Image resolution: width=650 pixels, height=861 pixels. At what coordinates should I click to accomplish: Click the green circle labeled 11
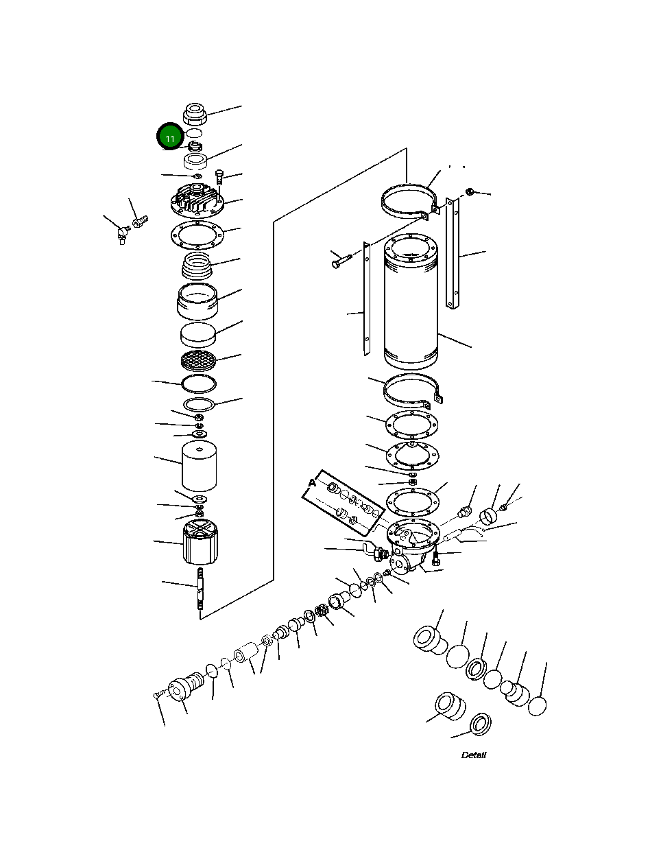(x=169, y=137)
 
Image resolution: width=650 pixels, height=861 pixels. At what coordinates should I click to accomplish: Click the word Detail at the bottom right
(x=473, y=755)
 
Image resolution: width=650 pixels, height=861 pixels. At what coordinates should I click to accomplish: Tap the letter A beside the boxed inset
(x=312, y=483)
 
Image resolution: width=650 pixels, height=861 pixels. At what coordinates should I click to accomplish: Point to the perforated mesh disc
(x=198, y=358)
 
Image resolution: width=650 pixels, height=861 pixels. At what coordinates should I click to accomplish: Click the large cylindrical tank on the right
(x=410, y=302)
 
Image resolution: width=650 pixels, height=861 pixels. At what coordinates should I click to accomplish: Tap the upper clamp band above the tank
(x=409, y=200)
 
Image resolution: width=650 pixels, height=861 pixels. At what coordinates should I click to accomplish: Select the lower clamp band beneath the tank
(x=411, y=392)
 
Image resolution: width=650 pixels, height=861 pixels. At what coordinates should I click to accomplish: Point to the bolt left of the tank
(x=340, y=261)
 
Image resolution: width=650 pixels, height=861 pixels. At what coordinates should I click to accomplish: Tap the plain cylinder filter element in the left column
(x=199, y=467)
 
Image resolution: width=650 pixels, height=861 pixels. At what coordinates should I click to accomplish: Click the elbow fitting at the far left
(x=121, y=233)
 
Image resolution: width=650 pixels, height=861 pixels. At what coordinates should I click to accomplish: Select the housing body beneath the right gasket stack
(x=411, y=545)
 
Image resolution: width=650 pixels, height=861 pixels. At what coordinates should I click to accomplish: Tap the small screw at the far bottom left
(x=157, y=696)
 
